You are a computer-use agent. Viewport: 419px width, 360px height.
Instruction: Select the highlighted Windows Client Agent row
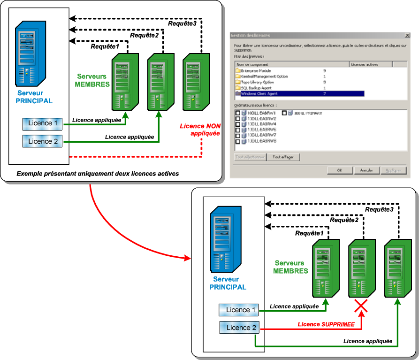(x=300, y=94)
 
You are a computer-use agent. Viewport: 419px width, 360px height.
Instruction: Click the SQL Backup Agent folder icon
(x=238, y=88)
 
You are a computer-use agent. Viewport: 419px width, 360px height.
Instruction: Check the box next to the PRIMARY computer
(x=284, y=114)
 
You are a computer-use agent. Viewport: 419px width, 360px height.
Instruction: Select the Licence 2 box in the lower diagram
(x=238, y=328)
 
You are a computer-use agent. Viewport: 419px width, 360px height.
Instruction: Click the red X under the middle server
(x=360, y=307)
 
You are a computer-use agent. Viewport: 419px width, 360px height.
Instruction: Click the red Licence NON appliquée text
(x=199, y=130)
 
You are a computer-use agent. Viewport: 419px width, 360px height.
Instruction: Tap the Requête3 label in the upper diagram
(x=182, y=24)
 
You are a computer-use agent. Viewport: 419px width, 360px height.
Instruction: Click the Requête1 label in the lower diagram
(x=310, y=233)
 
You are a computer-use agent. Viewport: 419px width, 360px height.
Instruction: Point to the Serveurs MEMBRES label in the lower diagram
(x=291, y=267)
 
